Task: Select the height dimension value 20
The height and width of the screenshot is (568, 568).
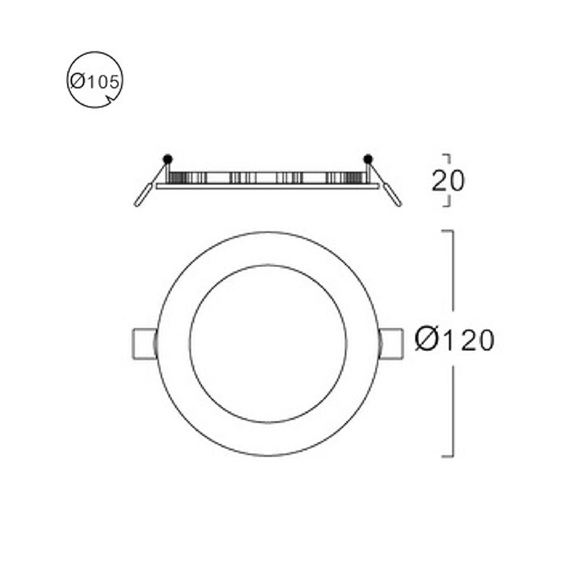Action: pos(448,181)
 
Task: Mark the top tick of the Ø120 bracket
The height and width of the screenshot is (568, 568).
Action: pos(447,231)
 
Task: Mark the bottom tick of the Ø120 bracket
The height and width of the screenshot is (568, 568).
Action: pos(447,456)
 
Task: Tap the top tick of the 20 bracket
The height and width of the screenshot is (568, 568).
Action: pos(446,154)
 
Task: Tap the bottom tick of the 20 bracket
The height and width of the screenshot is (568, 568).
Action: pos(446,206)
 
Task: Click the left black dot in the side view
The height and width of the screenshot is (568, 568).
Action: pos(167,158)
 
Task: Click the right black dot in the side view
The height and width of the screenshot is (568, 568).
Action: pos(368,158)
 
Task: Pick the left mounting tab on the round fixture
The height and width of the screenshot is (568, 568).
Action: pos(143,344)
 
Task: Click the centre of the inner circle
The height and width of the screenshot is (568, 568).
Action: pos(268,344)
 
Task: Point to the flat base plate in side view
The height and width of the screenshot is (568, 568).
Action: pos(267,186)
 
